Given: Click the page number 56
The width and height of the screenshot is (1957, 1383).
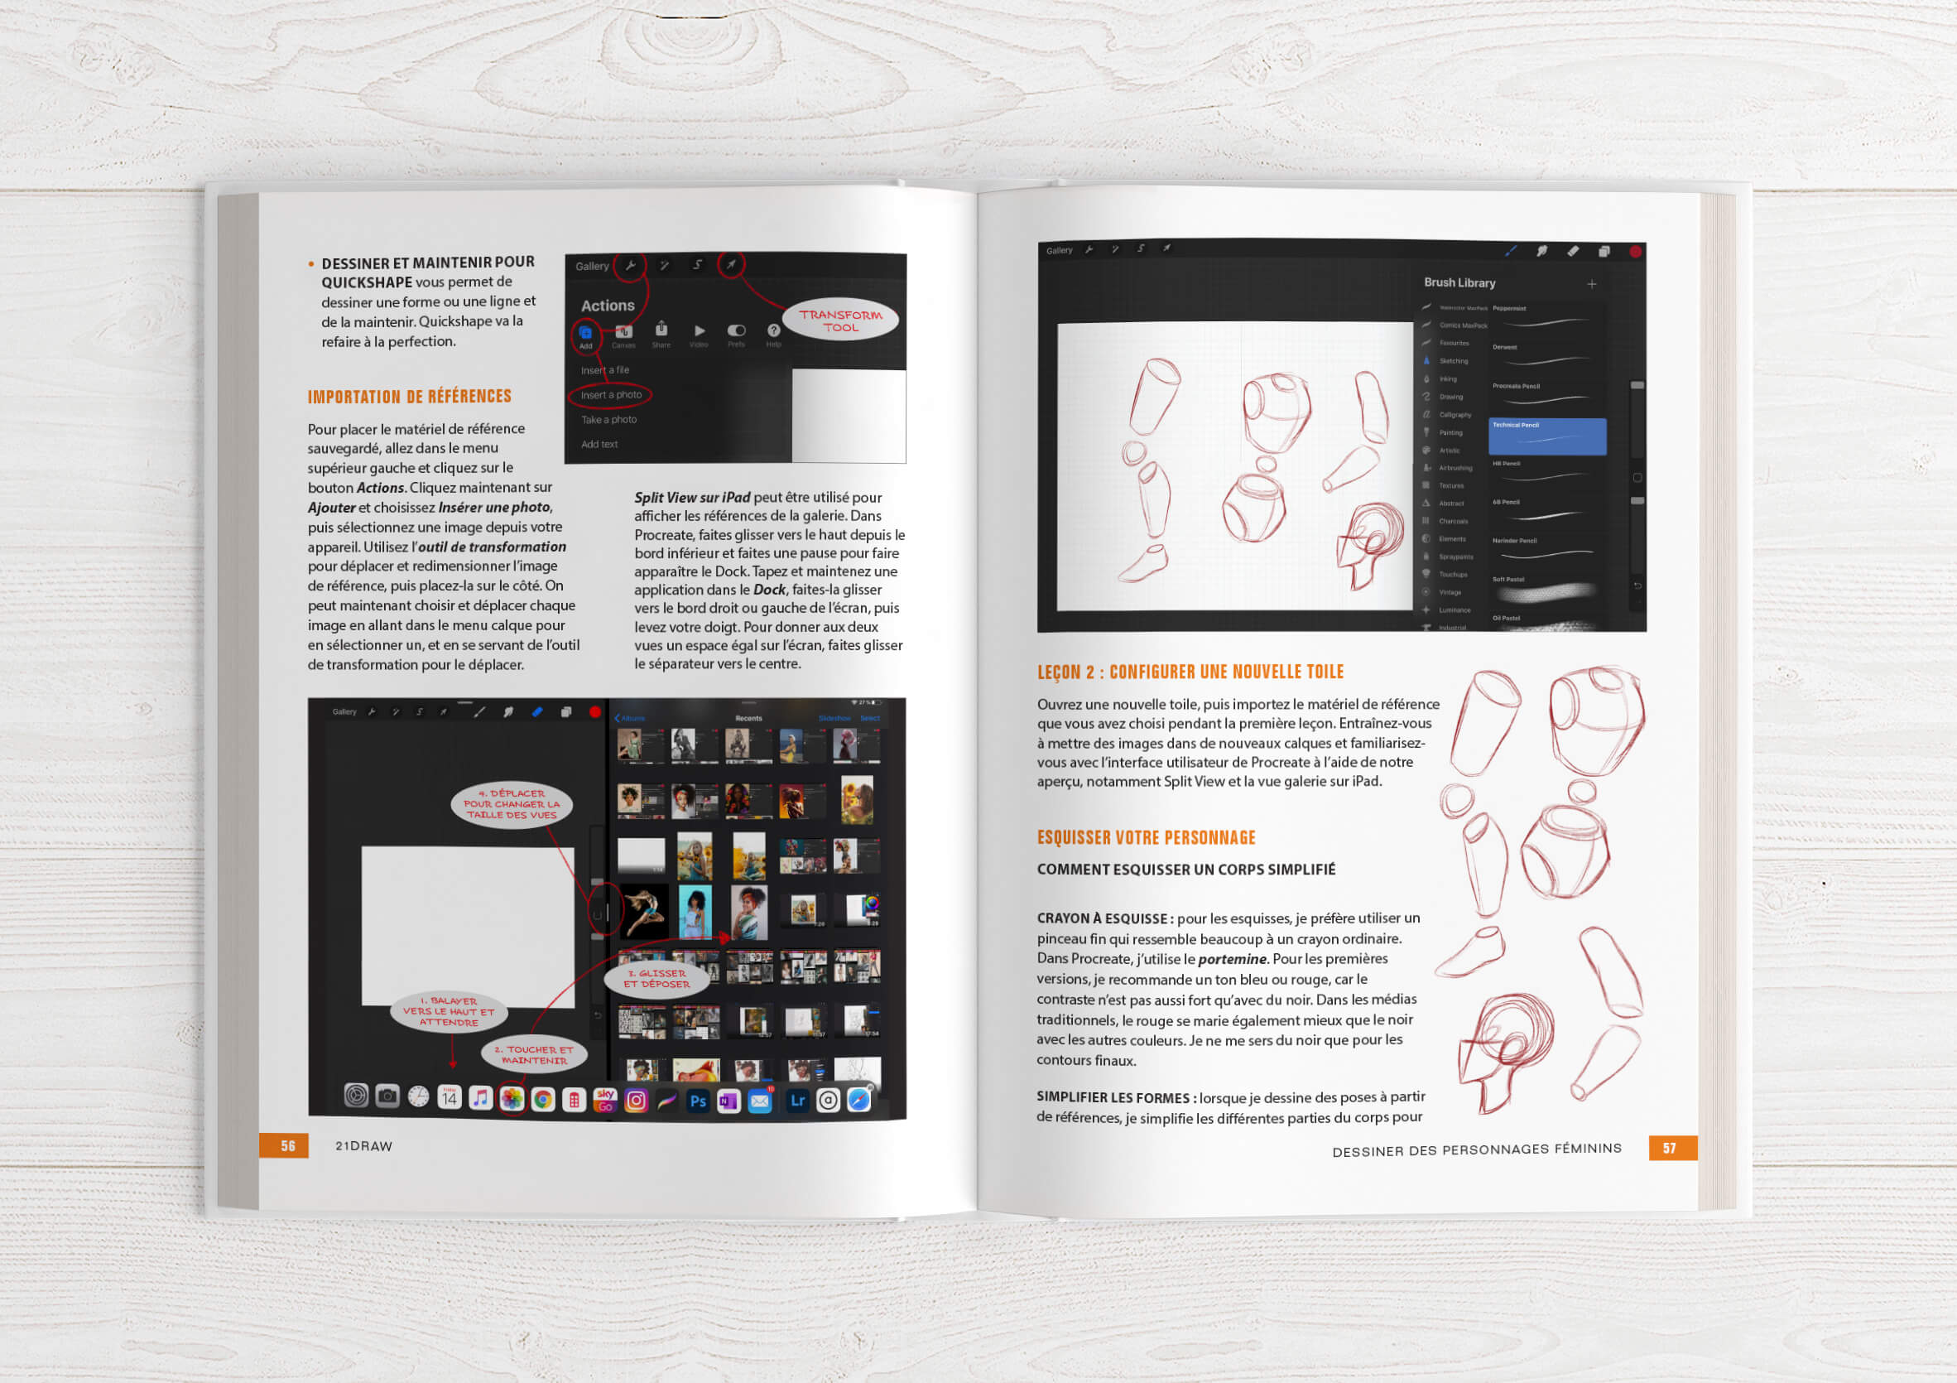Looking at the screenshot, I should (x=287, y=1145).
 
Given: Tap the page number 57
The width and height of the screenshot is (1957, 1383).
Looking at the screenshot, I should (x=1669, y=1148).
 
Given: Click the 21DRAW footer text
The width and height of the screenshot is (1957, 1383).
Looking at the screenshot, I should (x=364, y=1146).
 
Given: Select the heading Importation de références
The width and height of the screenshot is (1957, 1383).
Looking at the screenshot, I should (x=409, y=397).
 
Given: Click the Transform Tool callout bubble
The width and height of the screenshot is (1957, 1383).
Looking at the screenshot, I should (x=840, y=320).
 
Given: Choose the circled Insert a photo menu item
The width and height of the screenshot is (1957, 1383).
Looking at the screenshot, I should (x=611, y=395).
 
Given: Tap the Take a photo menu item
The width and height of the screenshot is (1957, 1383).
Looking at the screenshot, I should (x=608, y=420).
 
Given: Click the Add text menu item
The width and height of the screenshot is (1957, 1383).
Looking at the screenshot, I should (x=599, y=444).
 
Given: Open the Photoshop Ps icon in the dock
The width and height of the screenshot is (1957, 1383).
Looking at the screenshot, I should (x=697, y=1100).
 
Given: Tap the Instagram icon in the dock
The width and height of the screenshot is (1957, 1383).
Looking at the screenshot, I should (x=636, y=1100).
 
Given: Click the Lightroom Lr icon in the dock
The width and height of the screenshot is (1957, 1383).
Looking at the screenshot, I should (x=797, y=1100).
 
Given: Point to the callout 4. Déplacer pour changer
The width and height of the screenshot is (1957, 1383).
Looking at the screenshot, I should (x=512, y=804).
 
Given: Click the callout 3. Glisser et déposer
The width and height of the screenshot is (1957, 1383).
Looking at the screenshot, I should (x=656, y=979).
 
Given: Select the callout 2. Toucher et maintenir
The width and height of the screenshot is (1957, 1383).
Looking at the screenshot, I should (x=535, y=1055).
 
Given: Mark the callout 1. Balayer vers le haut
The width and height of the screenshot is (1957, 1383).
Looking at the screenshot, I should (x=450, y=1011).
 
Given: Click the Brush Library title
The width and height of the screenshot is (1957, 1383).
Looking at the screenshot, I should (x=1459, y=283).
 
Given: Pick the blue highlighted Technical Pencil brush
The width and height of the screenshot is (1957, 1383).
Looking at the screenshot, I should (x=1547, y=436).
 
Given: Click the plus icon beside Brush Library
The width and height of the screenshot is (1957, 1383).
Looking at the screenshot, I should (x=1590, y=284).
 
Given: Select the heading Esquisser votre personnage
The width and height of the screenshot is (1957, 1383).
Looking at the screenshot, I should (x=1146, y=837).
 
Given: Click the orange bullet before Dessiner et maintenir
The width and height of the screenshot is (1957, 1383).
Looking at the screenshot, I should (x=311, y=264).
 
